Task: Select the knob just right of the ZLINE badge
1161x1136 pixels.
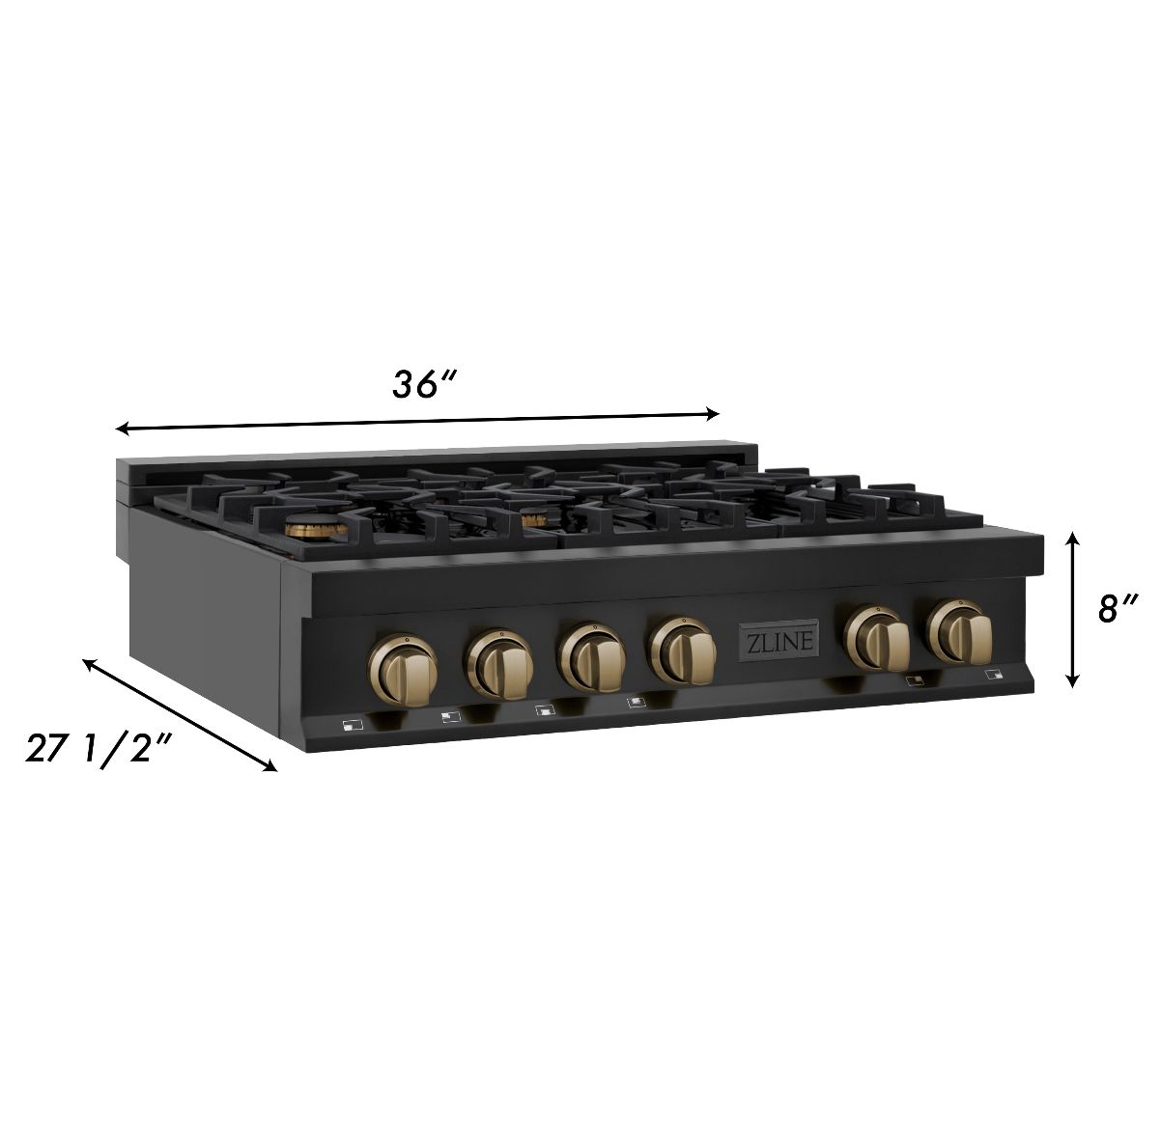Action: coord(875,638)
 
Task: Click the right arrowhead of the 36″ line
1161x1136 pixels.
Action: coord(714,414)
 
